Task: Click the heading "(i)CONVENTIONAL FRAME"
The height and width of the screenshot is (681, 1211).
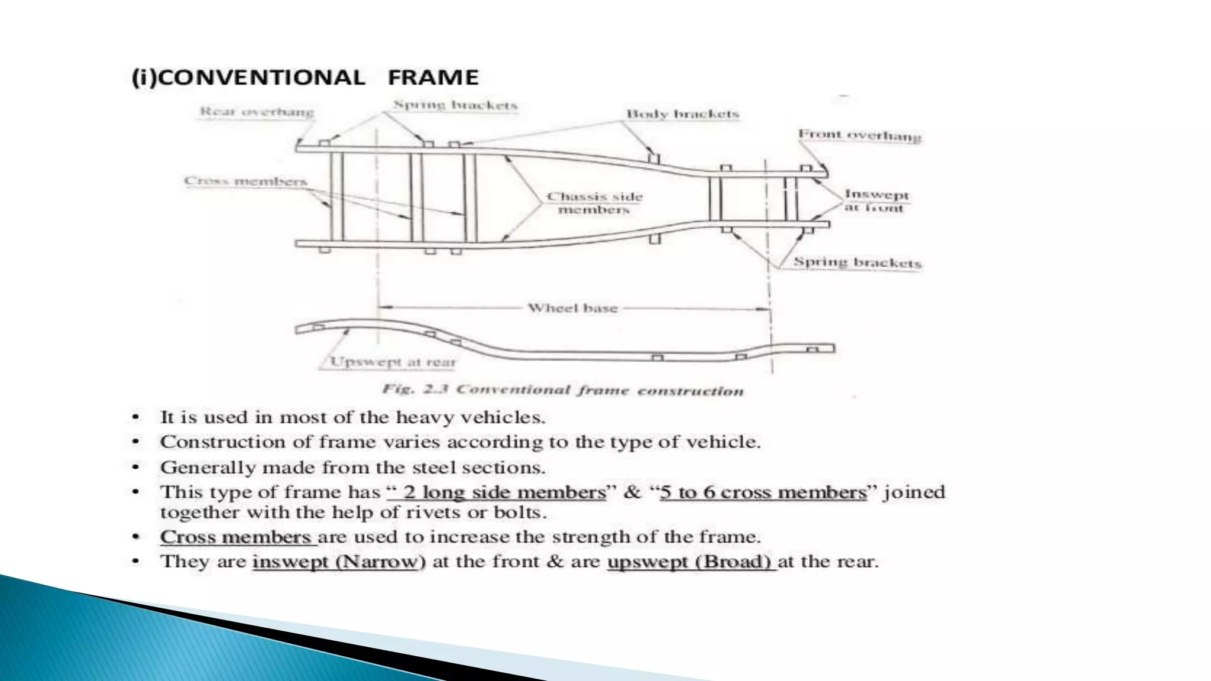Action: [x=305, y=77]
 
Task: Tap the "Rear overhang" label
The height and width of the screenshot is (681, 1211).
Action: [x=257, y=111]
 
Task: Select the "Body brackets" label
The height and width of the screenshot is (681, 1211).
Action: [x=682, y=113]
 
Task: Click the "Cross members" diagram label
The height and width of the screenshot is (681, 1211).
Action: [x=245, y=181]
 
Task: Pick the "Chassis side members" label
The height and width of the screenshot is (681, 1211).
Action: [x=594, y=203]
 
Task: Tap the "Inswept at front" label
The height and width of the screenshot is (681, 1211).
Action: [x=876, y=200]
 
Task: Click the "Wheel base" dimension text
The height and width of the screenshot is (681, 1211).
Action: [x=572, y=308]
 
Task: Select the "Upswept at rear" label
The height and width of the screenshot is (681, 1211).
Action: [x=393, y=362]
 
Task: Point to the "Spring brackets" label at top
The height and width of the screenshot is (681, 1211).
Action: [x=455, y=105]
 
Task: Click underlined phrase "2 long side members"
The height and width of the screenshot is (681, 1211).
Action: [x=504, y=492]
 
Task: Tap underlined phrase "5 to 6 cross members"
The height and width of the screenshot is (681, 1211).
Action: [x=763, y=492]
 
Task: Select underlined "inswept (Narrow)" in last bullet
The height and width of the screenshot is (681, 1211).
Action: [x=338, y=561]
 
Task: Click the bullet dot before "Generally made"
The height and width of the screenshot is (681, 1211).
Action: [x=136, y=468]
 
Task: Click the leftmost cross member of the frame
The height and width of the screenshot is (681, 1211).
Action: [x=336, y=196]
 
